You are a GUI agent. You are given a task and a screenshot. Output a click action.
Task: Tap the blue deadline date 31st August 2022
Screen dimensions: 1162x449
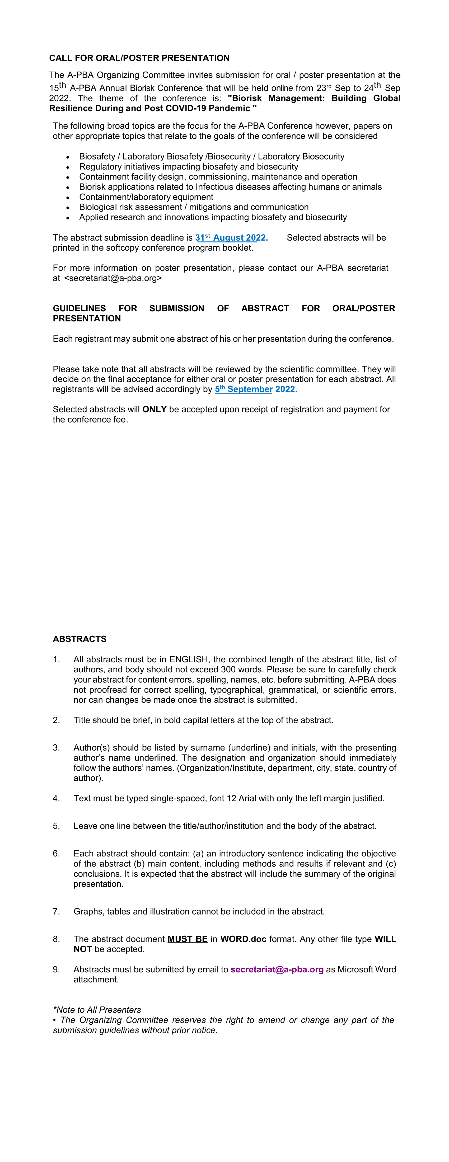(x=231, y=238)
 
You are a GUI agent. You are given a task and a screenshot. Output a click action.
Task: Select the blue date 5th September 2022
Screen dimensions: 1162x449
(x=256, y=389)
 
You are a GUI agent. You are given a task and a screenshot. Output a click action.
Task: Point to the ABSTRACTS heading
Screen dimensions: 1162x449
(x=79, y=639)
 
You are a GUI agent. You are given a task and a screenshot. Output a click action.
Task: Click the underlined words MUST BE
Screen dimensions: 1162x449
(x=187, y=939)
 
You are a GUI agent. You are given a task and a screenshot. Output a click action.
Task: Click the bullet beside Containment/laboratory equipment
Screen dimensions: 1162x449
(x=68, y=198)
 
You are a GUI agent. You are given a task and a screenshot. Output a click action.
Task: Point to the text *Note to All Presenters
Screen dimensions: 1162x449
(x=97, y=1010)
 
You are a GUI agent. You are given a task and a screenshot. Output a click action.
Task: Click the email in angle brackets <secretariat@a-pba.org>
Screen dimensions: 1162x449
(x=113, y=278)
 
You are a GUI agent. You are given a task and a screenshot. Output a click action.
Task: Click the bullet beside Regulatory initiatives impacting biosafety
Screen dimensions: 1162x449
(x=68, y=167)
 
